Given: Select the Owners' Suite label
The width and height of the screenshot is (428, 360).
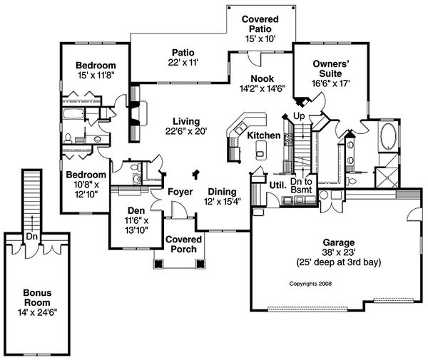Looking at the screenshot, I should [330, 68].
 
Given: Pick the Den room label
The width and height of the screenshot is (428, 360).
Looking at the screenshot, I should [136, 211].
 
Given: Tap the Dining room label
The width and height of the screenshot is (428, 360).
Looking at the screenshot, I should [223, 192].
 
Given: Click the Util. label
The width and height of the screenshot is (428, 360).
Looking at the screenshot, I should [277, 184].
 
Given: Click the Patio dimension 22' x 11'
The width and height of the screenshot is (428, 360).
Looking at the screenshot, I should [178, 62].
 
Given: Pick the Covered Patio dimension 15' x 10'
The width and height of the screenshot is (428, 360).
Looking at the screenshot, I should [259, 38].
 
